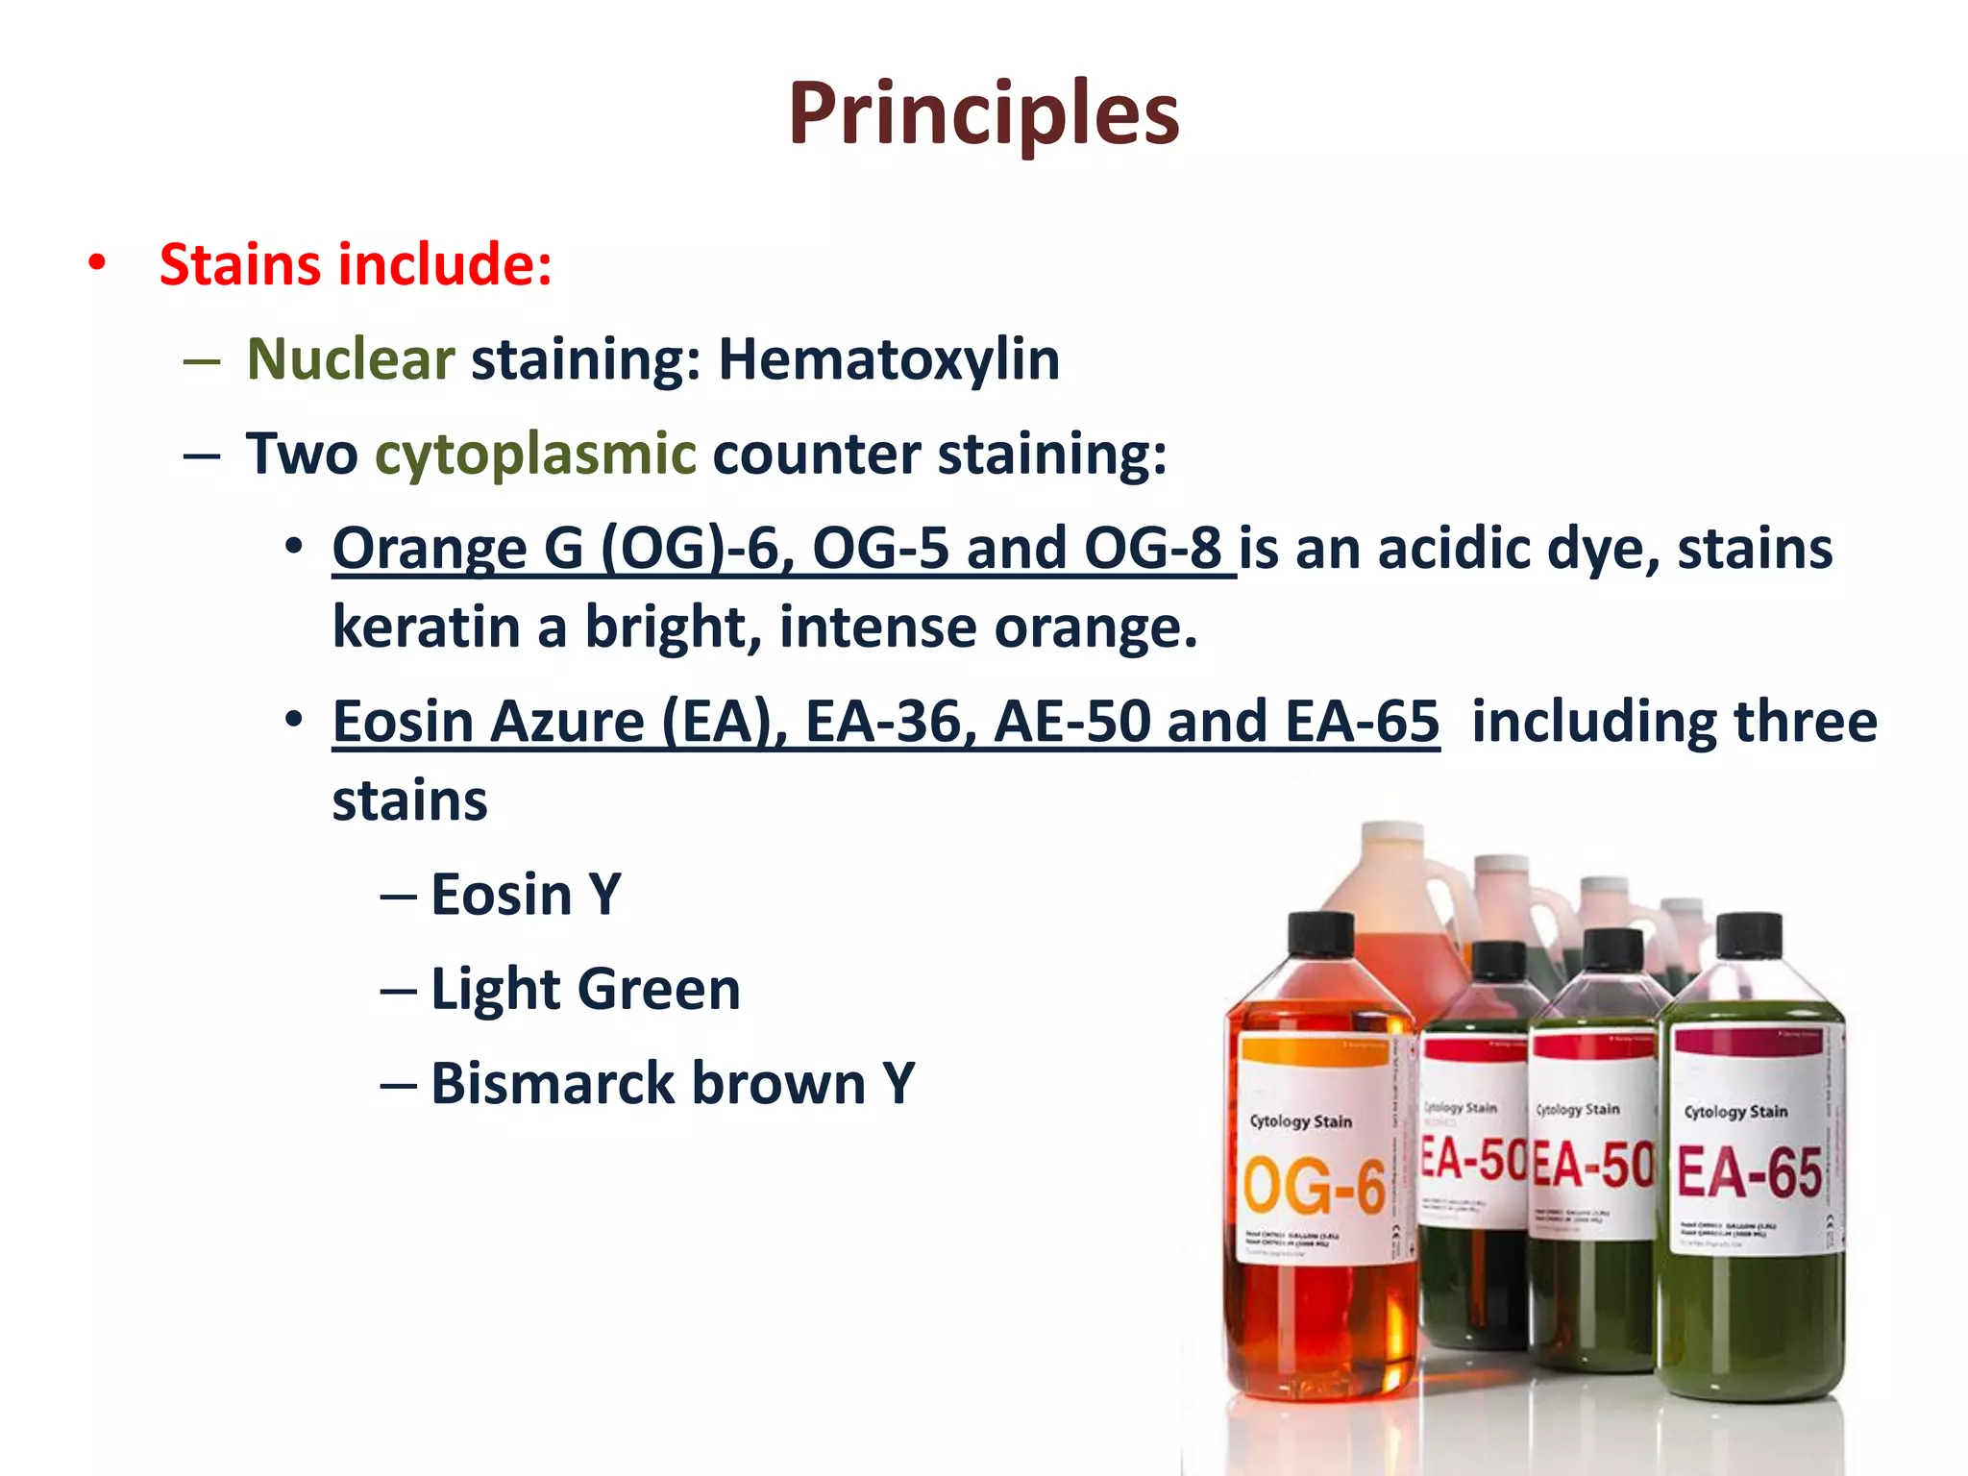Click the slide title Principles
pyautogui.click(x=983, y=115)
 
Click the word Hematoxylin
pyautogui.click(x=889, y=359)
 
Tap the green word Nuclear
pyautogui.click(x=351, y=359)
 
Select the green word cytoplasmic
pyautogui.click(x=535, y=454)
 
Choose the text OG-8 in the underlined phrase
pyautogui.click(x=1152, y=549)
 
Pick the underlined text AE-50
pyautogui.click(x=1071, y=722)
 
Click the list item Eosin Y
pyautogui.click(x=525, y=896)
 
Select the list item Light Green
pyautogui.click(x=585, y=990)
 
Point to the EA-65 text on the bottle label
pyautogui.click(x=1749, y=1173)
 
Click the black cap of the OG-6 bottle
pyautogui.click(x=1320, y=934)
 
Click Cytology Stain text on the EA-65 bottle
pyautogui.click(x=1735, y=1112)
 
